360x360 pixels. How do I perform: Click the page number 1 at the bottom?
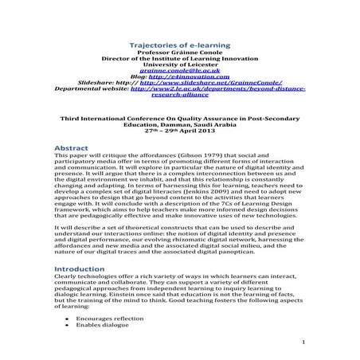tap(304, 342)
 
